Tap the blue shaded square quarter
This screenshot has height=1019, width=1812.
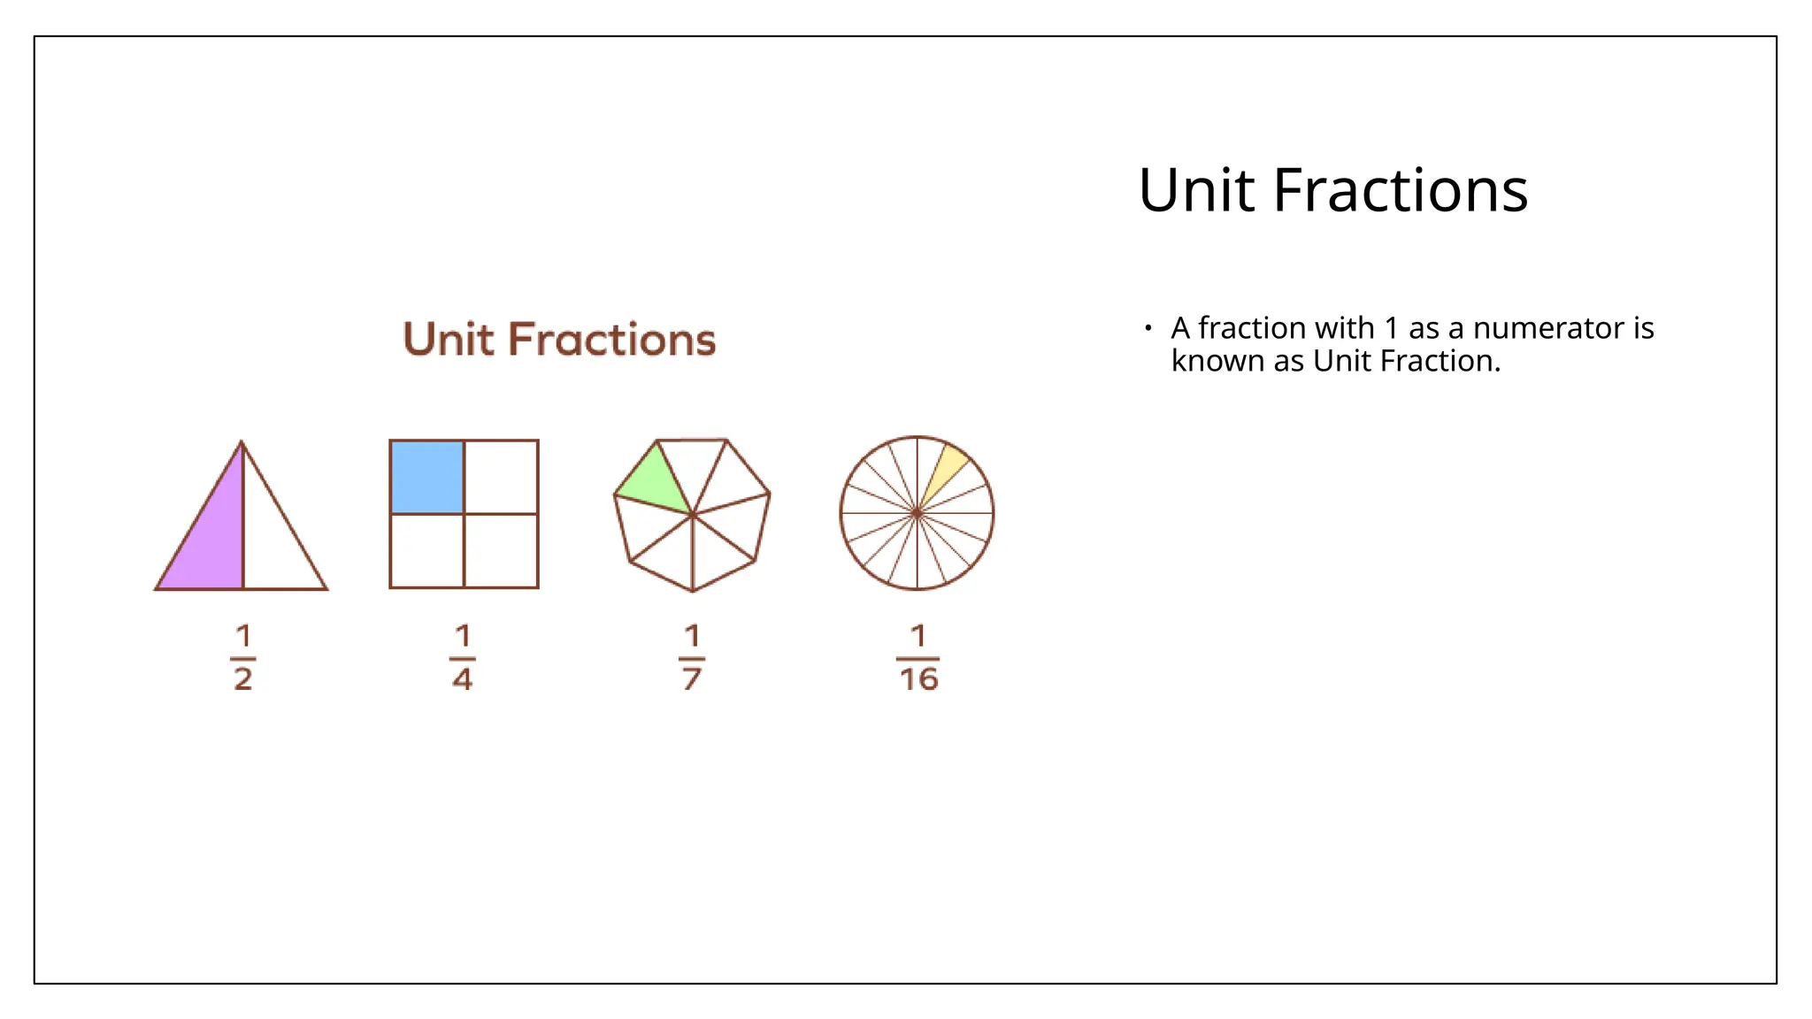point(427,477)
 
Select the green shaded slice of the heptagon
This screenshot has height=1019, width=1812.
point(655,484)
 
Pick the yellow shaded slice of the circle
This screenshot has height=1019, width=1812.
point(946,469)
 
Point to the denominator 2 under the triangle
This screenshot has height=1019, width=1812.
point(243,679)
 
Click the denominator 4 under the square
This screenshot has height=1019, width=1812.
point(462,679)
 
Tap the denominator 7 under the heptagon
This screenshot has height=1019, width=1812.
point(692,679)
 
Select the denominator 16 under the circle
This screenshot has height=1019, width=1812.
point(918,679)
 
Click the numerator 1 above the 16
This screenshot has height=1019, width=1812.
point(918,635)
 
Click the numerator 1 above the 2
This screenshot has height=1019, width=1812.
point(243,635)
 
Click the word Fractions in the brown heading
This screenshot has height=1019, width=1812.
point(611,340)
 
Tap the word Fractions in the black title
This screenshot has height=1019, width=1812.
point(1401,190)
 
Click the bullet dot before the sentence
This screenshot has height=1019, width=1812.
point(1148,328)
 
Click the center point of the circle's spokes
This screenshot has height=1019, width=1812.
point(918,513)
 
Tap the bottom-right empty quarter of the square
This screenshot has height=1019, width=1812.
point(501,550)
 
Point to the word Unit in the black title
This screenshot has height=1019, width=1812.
point(1197,190)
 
